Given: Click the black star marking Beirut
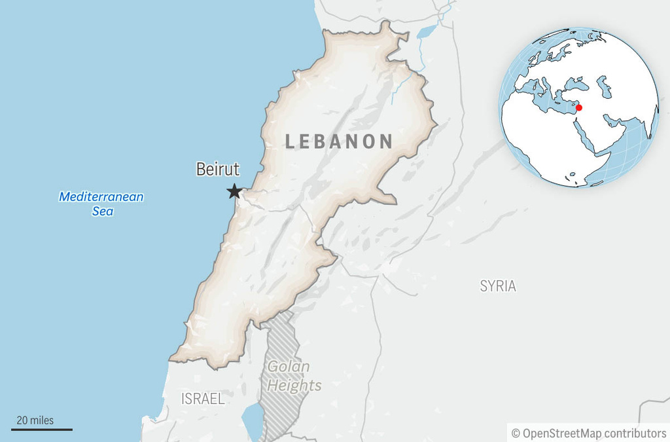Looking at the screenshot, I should (x=234, y=191).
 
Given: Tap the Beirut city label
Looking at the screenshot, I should (x=218, y=170).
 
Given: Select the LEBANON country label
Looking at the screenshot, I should (x=339, y=141).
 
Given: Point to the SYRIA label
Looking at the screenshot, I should (x=498, y=285).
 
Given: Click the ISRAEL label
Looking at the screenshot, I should (x=203, y=398).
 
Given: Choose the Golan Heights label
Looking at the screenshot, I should (x=294, y=376).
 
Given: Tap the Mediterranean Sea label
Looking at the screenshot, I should (x=101, y=203).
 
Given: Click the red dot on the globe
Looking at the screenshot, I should (x=578, y=107).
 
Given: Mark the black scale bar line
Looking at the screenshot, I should (x=42, y=430).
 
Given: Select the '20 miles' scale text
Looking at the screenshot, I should (x=35, y=420).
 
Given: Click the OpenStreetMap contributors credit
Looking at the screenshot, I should (x=588, y=433).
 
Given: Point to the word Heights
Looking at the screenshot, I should (x=294, y=386).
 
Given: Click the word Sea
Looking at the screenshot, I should (x=102, y=211).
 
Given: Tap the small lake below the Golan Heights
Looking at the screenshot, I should (x=252, y=419).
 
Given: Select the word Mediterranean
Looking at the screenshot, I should (x=101, y=196).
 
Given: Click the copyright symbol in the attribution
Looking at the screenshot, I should (x=516, y=433).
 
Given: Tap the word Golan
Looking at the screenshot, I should (x=289, y=367).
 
